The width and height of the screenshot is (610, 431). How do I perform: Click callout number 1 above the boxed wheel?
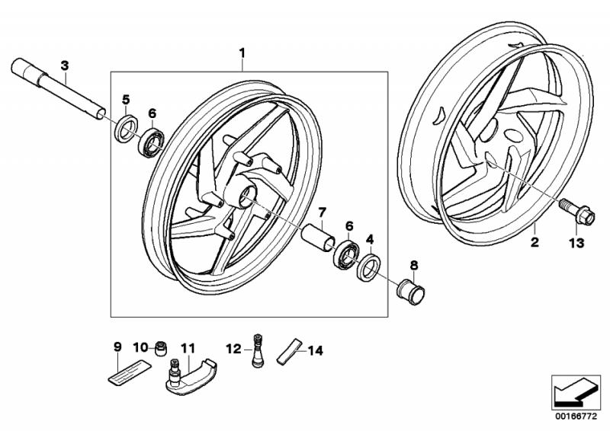[x=242, y=53]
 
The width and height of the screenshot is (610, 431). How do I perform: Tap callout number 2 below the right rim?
[x=535, y=243]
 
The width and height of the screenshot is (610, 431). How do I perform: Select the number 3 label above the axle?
[x=65, y=66]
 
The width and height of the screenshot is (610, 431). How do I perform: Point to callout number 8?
[x=414, y=265]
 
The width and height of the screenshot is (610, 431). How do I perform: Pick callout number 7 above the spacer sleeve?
[x=323, y=212]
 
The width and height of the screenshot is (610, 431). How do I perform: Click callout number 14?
[x=316, y=350]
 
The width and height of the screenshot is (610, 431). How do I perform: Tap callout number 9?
[x=117, y=347]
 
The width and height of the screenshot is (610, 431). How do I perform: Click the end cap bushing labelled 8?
[x=412, y=290]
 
